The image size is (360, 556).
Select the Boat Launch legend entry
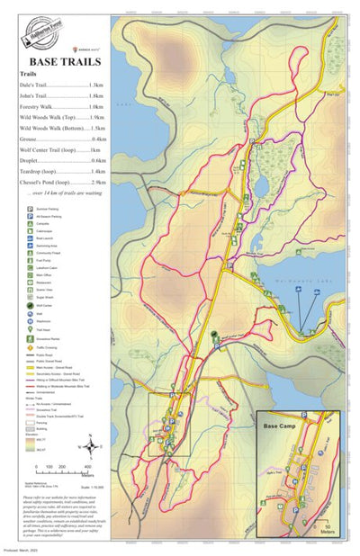(x=28, y=238)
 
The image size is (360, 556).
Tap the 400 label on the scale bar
(x=87, y=466)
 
